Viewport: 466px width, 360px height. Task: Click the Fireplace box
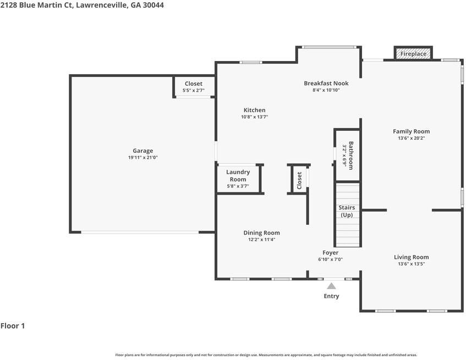[x=413, y=53]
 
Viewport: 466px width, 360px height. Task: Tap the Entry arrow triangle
[x=331, y=286]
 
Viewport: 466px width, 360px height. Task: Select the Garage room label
[x=143, y=151]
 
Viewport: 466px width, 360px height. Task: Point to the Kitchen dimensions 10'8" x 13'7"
[x=254, y=117]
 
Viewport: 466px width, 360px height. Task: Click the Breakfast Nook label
[x=326, y=84]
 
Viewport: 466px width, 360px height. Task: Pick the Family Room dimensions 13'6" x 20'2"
[x=412, y=139]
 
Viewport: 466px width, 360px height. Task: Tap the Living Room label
[x=412, y=257]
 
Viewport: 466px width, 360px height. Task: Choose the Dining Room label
[x=261, y=233]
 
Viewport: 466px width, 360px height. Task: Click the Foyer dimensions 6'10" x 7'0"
[x=331, y=259]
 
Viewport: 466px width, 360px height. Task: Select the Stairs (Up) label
[x=347, y=211]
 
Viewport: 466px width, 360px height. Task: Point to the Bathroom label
[x=351, y=156]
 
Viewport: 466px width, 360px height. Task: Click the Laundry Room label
[x=238, y=176]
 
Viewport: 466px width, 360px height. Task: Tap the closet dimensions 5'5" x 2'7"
[x=194, y=91]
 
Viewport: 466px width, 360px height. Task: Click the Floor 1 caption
[x=13, y=326]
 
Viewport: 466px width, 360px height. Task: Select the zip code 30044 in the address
[x=153, y=5]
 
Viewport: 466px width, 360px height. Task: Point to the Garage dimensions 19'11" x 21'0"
[x=143, y=158]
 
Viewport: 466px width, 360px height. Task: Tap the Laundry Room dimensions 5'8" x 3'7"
[x=238, y=186]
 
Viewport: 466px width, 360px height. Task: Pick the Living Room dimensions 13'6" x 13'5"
[x=412, y=264]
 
